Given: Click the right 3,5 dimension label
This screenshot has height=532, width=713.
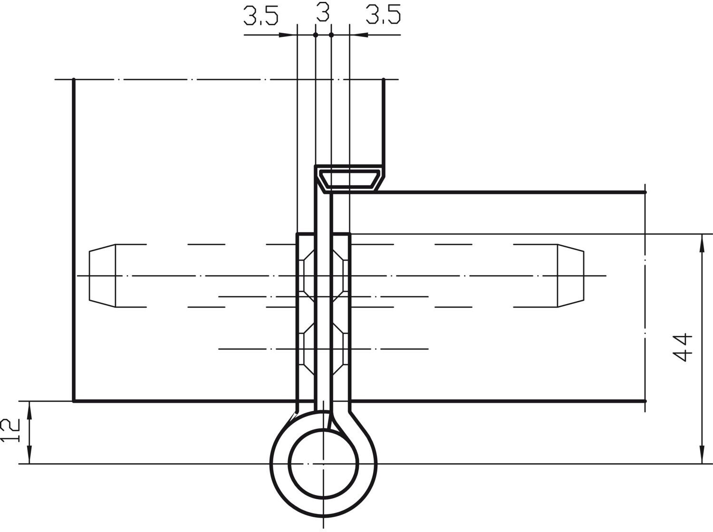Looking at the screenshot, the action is (383, 15).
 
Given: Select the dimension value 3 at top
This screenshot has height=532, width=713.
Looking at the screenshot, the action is (323, 12).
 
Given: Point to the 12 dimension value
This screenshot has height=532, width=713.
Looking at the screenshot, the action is (10, 430).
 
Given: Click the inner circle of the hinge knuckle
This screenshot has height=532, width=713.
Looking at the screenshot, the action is (323, 464).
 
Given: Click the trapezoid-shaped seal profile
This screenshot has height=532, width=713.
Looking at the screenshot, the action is (349, 178).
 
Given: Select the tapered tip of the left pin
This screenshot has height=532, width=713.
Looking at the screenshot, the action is (102, 275).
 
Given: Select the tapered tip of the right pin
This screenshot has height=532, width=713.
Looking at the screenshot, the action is (571, 275).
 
